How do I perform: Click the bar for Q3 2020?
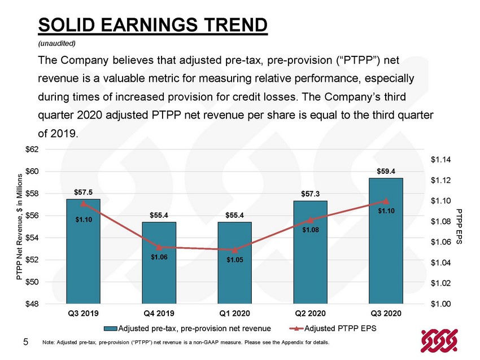[386, 241]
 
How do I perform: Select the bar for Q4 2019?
[159, 263]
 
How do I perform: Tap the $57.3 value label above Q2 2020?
[310, 194]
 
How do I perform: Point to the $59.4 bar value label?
[386, 172]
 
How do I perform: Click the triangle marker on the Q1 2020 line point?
[235, 250]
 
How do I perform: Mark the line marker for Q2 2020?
[311, 220]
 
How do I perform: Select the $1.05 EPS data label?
[235, 260]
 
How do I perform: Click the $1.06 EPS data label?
[159, 257]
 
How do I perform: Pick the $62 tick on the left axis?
[32, 150]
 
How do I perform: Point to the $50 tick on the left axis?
[32, 282]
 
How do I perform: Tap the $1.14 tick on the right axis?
[441, 160]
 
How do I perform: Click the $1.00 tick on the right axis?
[441, 304]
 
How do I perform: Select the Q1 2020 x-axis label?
[234, 314]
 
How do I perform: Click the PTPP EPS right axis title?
[459, 226]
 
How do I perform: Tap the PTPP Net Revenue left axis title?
[19, 227]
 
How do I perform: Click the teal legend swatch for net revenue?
[110, 329]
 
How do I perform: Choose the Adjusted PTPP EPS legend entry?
[333, 328]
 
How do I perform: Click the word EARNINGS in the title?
[149, 25]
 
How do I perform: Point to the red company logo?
[439, 340]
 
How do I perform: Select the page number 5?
[26, 341]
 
